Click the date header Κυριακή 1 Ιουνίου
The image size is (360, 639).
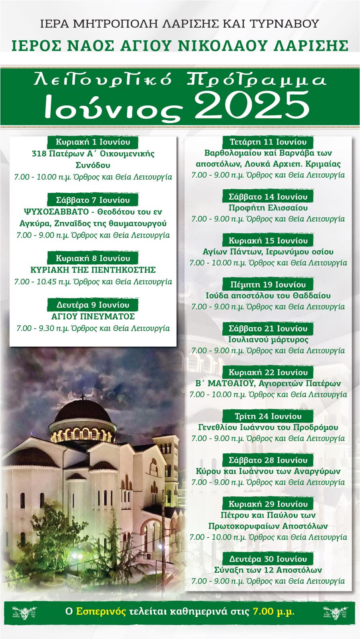click(x=93, y=142)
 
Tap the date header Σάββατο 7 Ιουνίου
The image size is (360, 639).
click(x=93, y=200)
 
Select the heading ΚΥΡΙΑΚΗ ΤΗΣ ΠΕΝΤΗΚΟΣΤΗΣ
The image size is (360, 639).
click(x=93, y=270)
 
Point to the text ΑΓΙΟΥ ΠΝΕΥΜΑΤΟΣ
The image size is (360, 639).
click(x=93, y=317)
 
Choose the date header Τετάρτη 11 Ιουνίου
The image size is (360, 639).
click(x=268, y=142)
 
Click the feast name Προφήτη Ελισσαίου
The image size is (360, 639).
click(x=268, y=208)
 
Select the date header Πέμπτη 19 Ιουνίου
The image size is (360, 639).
click(x=268, y=284)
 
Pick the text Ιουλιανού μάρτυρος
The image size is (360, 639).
click(x=268, y=339)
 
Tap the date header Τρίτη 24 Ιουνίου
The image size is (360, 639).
click(x=268, y=416)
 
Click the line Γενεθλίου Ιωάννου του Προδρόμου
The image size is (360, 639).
click(x=268, y=427)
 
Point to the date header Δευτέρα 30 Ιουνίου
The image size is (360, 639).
click(x=268, y=559)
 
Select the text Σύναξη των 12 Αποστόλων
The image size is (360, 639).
click(x=268, y=570)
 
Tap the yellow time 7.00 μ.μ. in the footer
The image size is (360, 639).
click(x=274, y=611)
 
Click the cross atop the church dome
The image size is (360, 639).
click(x=82, y=397)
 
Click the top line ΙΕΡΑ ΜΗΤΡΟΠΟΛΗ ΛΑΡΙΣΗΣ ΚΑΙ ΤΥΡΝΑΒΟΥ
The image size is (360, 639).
click(x=180, y=24)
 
